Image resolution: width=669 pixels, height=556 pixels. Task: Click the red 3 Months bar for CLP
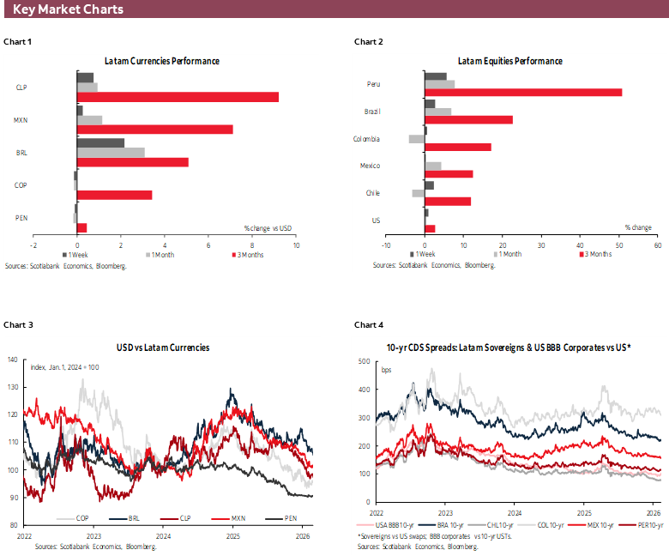click(x=178, y=97)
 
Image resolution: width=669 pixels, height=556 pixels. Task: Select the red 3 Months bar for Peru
click(x=523, y=92)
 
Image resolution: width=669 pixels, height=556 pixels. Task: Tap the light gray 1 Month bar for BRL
click(x=111, y=153)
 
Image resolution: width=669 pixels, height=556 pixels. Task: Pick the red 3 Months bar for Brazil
click(x=468, y=119)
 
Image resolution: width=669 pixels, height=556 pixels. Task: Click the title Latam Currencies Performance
click(x=161, y=61)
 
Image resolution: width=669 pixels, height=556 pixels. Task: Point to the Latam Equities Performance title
click(x=509, y=61)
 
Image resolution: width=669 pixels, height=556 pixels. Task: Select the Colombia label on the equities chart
click(x=366, y=139)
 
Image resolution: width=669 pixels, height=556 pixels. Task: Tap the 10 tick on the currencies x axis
click(x=296, y=245)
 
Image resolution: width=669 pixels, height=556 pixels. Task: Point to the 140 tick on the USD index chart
click(x=12, y=360)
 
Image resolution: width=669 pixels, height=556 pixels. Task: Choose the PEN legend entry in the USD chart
click(x=281, y=518)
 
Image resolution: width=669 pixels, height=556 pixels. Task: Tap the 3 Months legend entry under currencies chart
click(x=250, y=255)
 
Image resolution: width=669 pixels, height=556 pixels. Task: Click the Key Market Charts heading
click(x=68, y=9)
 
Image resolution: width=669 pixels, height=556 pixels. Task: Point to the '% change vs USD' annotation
click(x=268, y=227)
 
